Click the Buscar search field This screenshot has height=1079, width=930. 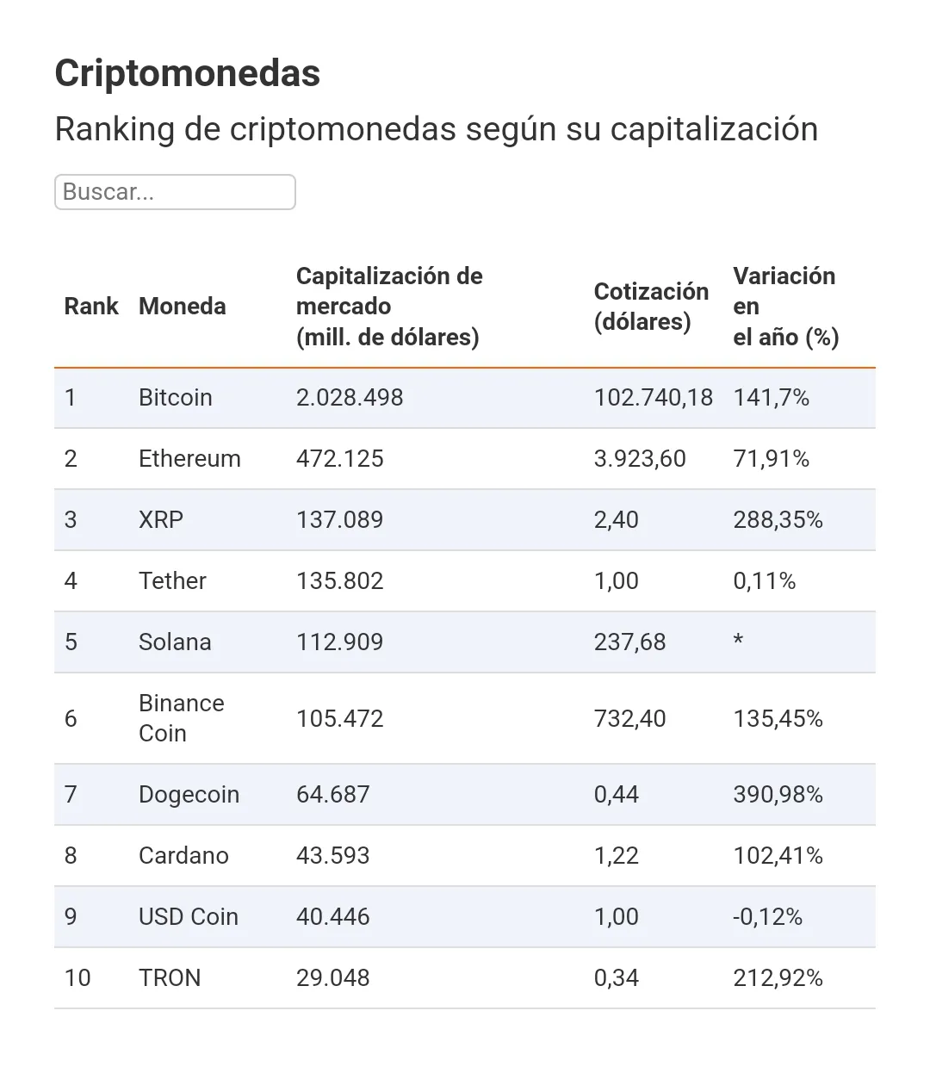pyautogui.click(x=175, y=192)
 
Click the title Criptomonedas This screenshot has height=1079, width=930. pyautogui.click(x=187, y=73)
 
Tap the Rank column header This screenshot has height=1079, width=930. pyautogui.click(x=91, y=307)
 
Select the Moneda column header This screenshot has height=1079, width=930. pyautogui.click(x=182, y=307)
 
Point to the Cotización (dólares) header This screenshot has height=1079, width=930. pyautogui.click(x=650, y=307)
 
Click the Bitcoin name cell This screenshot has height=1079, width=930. pyautogui.click(x=175, y=398)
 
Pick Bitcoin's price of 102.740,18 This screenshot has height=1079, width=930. pyautogui.click(x=653, y=398)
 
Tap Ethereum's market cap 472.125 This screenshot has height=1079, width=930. pyautogui.click(x=339, y=459)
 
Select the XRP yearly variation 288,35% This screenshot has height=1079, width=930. pyautogui.click(x=778, y=520)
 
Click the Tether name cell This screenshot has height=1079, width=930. pyautogui.click(x=172, y=581)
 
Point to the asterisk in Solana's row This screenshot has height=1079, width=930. pyautogui.click(x=738, y=641)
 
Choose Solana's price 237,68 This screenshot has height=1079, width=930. pyautogui.click(x=629, y=642)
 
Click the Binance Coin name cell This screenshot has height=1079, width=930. pyautogui.click(x=181, y=718)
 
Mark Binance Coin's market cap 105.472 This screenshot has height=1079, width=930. pyautogui.click(x=339, y=719)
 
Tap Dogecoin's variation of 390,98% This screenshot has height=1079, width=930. pyautogui.click(x=778, y=795)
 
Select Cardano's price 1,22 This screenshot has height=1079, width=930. pyautogui.click(x=616, y=856)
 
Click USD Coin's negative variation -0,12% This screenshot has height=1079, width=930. pyautogui.click(x=767, y=917)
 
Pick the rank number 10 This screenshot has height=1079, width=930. pyautogui.click(x=77, y=978)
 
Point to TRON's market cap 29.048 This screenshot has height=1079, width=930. pyautogui.click(x=332, y=978)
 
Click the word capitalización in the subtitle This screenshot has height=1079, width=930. pyautogui.click(x=714, y=130)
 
